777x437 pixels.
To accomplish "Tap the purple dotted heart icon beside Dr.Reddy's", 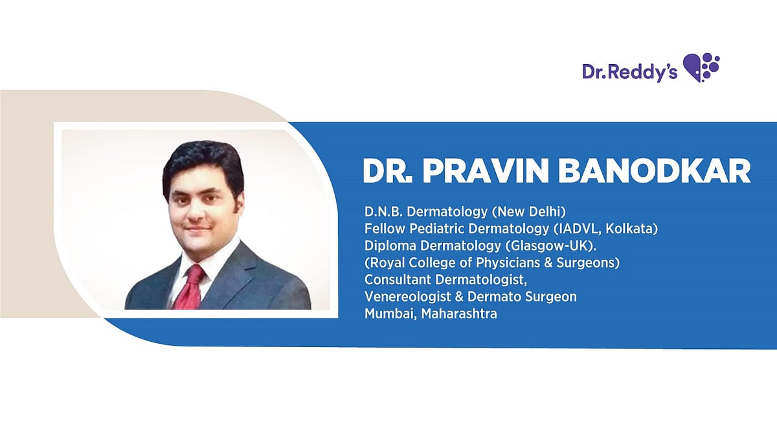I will (702, 67).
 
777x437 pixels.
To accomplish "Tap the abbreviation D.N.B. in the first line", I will (383, 211).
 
